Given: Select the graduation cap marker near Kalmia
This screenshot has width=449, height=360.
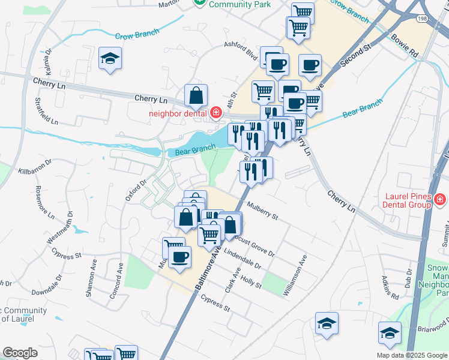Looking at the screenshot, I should (x=110, y=59).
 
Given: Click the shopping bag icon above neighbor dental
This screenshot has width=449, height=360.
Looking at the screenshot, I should (x=196, y=95).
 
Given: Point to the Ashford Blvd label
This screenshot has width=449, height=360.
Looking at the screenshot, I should (x=240, y=51).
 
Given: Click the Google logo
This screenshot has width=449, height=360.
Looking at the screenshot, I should (x=20, y=353).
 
